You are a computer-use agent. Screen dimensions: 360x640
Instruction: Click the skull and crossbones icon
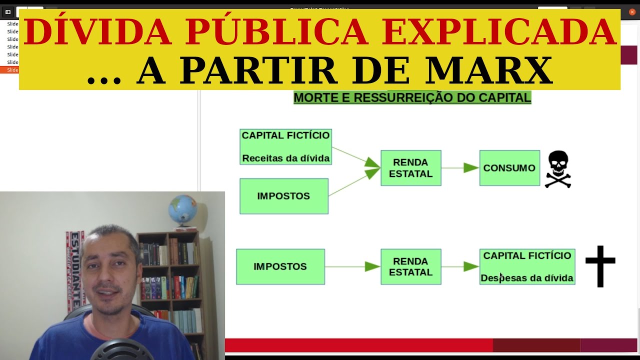click(x=557, y=169)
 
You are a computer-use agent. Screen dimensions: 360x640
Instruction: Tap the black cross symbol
click(x=600, y=266)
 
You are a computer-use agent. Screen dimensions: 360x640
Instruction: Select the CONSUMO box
click(x=509, y=168)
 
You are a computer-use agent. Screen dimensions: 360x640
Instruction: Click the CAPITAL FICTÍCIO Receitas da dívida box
click(x=285, y=146)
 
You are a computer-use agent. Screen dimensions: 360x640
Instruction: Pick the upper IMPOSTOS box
click(x=283, y=196)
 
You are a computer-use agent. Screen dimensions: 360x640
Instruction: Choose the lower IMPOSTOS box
click(x=280, y=266)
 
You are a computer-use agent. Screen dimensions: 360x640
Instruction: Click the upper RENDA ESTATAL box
click(x=410, y=168)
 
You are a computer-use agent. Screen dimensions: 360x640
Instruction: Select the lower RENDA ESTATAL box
click(x=410, y=266)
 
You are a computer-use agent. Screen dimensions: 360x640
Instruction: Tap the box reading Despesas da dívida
click(x=527, y=266)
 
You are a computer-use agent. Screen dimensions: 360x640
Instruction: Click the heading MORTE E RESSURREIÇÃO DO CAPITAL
click(x=412, y=97)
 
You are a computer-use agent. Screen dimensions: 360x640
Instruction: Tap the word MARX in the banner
click(x=488, y=71)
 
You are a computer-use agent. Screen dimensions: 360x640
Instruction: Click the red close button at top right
click(x=632, y=12)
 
